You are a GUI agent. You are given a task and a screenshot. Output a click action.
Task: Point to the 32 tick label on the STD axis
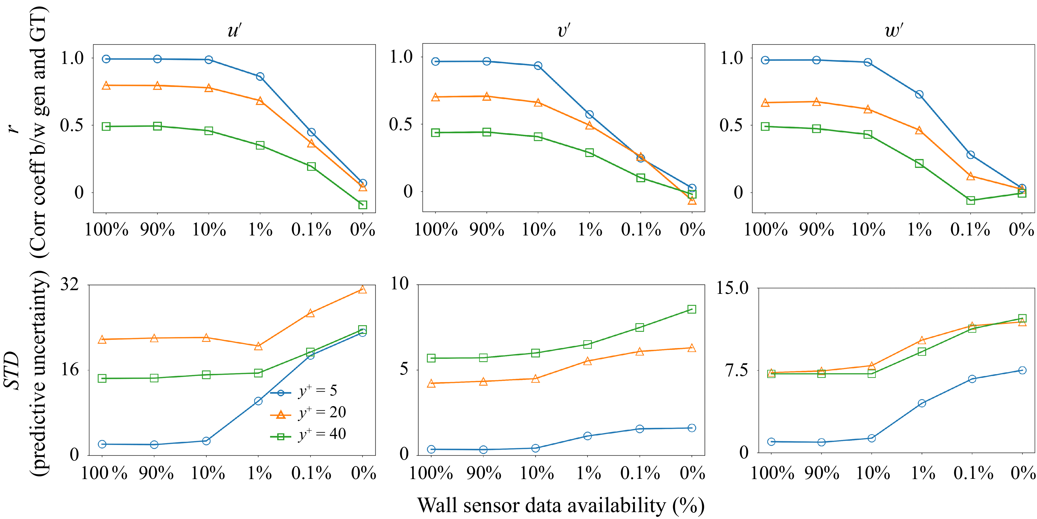tap(70, 284)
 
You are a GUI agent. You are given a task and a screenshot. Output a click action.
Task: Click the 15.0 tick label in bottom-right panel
tap(732, 288)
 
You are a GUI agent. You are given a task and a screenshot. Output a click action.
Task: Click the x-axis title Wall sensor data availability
tap(561, 505)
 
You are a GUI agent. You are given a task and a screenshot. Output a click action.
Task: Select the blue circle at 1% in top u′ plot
tap(260, 76)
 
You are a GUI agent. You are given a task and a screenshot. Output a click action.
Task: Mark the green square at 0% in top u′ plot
tap(363, 205)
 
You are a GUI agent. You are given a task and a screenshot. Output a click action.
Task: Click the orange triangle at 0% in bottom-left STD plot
tap(363, 290)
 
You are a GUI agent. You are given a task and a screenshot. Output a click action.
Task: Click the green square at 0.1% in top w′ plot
tap(971, 200)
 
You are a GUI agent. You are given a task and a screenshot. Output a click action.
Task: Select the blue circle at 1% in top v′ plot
tap(589, 115)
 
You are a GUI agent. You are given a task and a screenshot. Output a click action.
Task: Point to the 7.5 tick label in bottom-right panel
tap(737, 370)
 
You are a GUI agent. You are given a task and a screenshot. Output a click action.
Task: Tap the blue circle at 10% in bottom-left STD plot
tap(206, 441)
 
